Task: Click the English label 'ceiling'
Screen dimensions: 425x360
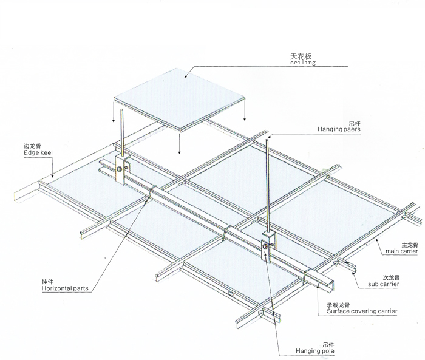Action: [303, 63]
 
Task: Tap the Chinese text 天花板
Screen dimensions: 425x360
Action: [301, 56]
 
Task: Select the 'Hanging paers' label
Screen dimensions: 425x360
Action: [339, 129]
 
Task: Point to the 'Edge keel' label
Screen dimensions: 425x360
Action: [38, 152]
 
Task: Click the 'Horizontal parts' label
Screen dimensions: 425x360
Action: [65, 288]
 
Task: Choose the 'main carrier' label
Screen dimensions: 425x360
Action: [402, 251]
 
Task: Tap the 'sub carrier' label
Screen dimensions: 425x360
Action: [384, 284]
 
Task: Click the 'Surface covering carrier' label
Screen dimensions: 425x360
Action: [362, 311]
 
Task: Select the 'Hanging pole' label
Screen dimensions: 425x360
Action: [315, 351]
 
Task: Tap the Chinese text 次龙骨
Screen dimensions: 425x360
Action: [391, 278]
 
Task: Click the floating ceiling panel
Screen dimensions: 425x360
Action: [179, 99]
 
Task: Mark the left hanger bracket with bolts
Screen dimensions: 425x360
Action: [122, 169]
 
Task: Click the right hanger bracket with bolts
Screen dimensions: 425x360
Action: [268, 247]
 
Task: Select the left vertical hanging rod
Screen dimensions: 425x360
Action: [122, 133]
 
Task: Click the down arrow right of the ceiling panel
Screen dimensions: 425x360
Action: [245, 110]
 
